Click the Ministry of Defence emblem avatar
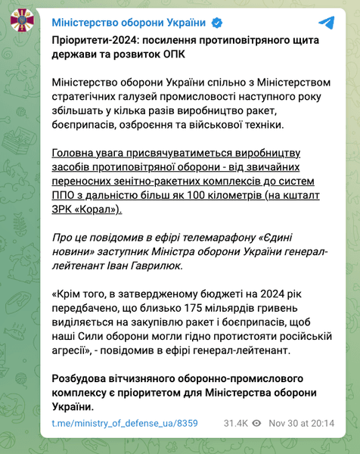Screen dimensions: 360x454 pyautogui.click(x=20, y=21)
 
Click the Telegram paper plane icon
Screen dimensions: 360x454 pyautogui.click(x=326, y=21)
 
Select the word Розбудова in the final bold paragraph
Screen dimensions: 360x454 pyautogui.click(x=81, y=378)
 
